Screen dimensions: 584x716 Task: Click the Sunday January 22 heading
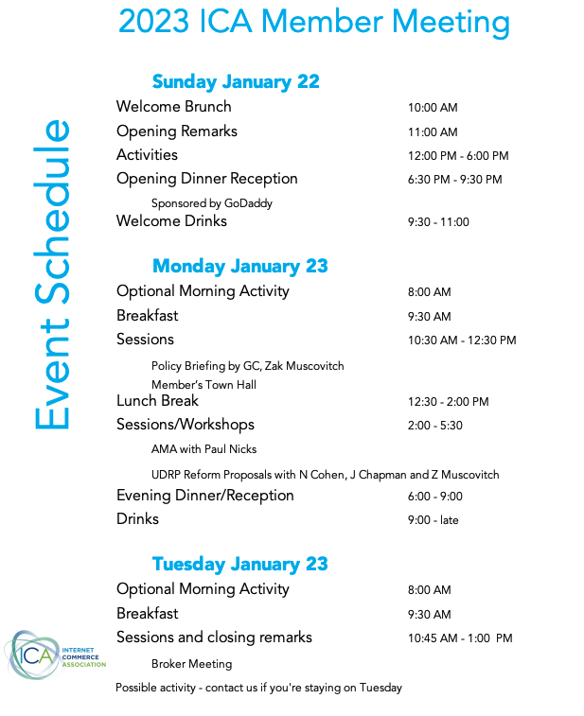pos(236,82)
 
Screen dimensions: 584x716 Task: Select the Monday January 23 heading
pos(239,266)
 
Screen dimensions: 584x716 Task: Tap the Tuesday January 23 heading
pos(239,565)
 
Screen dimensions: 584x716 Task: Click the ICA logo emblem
pos(33,655)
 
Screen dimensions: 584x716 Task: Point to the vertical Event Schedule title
pos(52,274)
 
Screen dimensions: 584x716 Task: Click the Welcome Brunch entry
pos(173,107)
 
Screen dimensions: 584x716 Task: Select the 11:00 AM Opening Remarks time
pos(433,132)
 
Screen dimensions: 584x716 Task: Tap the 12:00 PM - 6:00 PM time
pos(458,156)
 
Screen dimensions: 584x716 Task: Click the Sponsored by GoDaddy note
pos(212,203)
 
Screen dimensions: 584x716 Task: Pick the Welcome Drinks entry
pos(172,221)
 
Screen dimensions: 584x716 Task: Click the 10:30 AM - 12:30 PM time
pos(462,341)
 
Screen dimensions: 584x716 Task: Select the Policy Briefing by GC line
pos(248,366)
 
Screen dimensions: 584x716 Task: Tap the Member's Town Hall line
pos(204,385)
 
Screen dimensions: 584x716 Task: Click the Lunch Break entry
pos(158,401)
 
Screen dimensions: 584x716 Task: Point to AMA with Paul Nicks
pos(204,449)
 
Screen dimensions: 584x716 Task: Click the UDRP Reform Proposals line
pos(326,475)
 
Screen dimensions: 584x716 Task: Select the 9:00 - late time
pos(434,520)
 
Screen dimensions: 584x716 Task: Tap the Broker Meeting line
pos(192,664)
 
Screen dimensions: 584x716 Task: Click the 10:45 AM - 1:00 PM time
pos(460,638)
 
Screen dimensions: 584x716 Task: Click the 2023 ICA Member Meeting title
pos(314,22)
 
